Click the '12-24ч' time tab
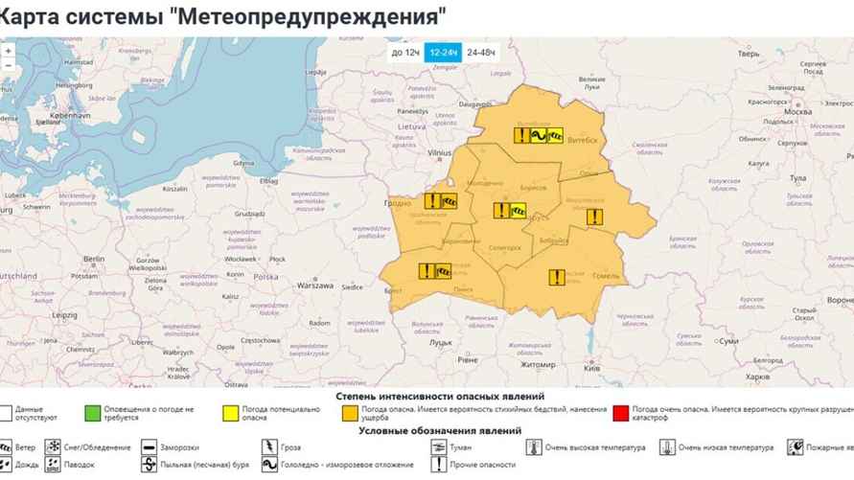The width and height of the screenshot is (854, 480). pyautogui.click(x=443, y=52)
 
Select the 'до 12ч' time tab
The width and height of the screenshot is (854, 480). pyautogui.click(x=405, y=52)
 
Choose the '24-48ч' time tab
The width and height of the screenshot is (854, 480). pyautogui.click(x=481, y=52)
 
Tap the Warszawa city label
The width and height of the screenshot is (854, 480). pyautogui.click(x=313, y=286)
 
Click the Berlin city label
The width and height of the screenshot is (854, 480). pyautogui.click(x=94, y=259)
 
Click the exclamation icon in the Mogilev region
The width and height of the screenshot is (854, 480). pyautogui.click(x=594, y=217)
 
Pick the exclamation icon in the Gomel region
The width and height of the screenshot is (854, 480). pyautogui.click(x=556, y=278)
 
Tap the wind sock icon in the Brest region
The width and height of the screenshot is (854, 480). pyautogui.click(x=443, y=271)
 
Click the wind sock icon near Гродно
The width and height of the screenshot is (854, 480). pyautogui.click(x=450, y=202)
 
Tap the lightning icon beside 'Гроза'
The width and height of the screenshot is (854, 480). pyautogui.click(x=268, y=447)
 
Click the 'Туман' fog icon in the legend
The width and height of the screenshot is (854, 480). pyautogui.click(x=438, y=447)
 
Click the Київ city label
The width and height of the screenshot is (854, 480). pyautogui.click(x=592, y=368)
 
